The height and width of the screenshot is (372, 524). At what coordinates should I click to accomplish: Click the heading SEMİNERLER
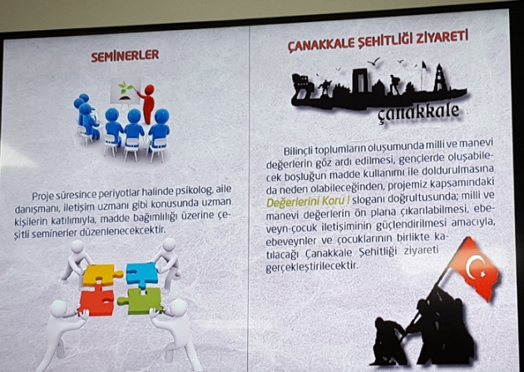125,56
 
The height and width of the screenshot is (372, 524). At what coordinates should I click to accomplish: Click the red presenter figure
147,104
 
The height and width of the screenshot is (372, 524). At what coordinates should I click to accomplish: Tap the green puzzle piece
141,300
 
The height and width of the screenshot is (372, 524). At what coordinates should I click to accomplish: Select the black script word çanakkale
418,112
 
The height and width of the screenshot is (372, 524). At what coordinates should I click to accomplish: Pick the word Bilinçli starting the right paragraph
298,151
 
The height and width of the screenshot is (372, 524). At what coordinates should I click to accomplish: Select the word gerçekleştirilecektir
311,266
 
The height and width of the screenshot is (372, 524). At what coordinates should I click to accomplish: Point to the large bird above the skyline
373,61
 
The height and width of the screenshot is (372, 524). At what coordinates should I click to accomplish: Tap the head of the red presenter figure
150,89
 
